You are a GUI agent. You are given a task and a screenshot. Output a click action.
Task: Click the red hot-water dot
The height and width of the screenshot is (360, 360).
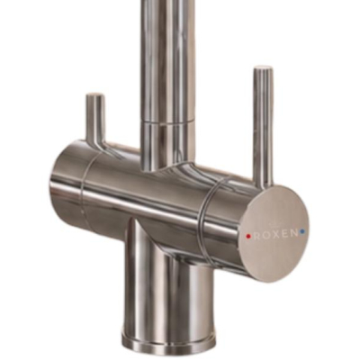[248, 236]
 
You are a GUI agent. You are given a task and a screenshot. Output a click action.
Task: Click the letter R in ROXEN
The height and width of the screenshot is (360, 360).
[256, 236]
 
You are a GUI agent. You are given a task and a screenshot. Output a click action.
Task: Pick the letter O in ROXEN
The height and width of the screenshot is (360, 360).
[266, 235]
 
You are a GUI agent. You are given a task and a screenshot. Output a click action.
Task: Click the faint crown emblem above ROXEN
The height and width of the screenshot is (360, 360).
[274, 224]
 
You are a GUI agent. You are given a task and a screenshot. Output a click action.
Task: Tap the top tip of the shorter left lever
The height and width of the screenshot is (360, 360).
[95, 95]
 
